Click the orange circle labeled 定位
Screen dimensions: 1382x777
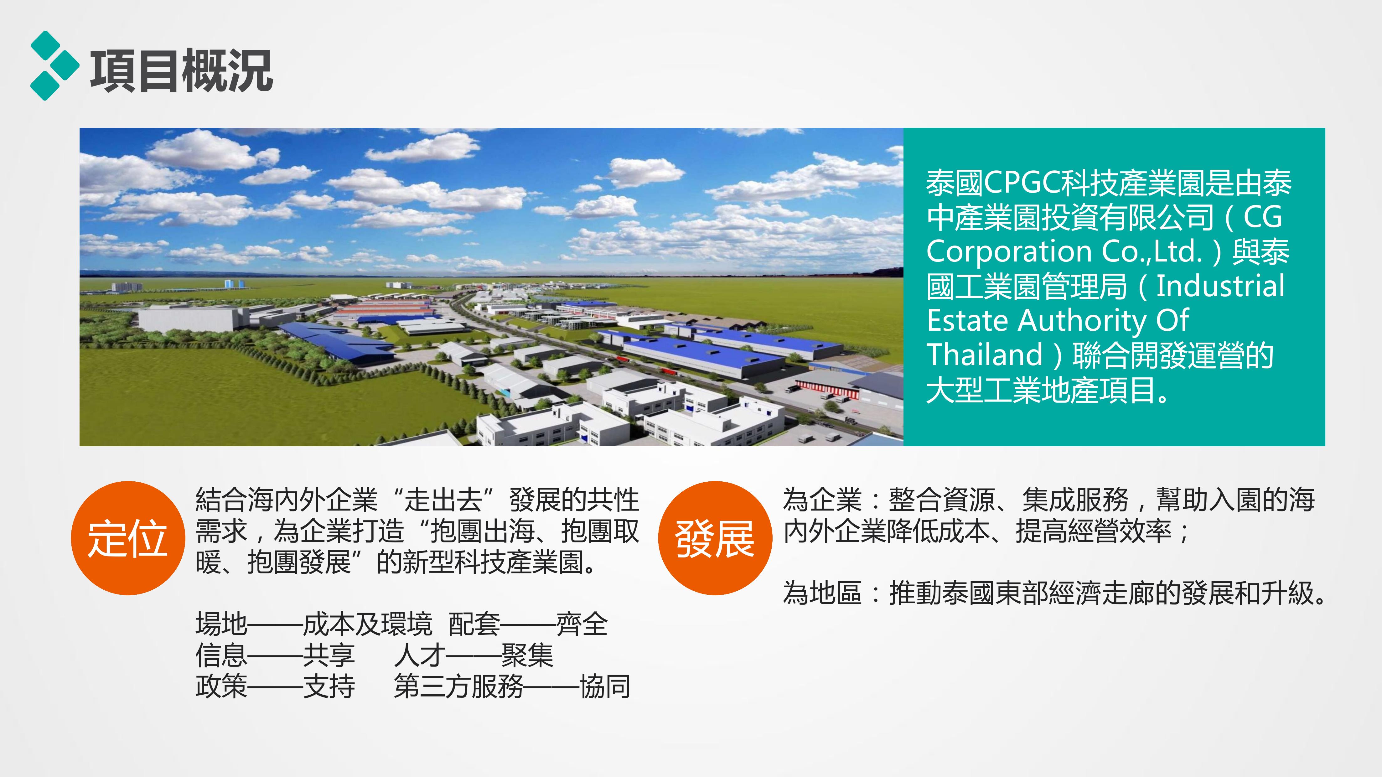pos(128,538)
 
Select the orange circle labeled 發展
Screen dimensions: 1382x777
pos(715,538)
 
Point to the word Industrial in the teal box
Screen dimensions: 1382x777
pos(1220,286)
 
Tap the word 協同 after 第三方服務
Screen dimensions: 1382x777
pos(605,686)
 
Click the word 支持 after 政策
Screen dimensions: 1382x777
pos(329,686)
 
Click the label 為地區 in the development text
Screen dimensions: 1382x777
pos(822,593)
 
